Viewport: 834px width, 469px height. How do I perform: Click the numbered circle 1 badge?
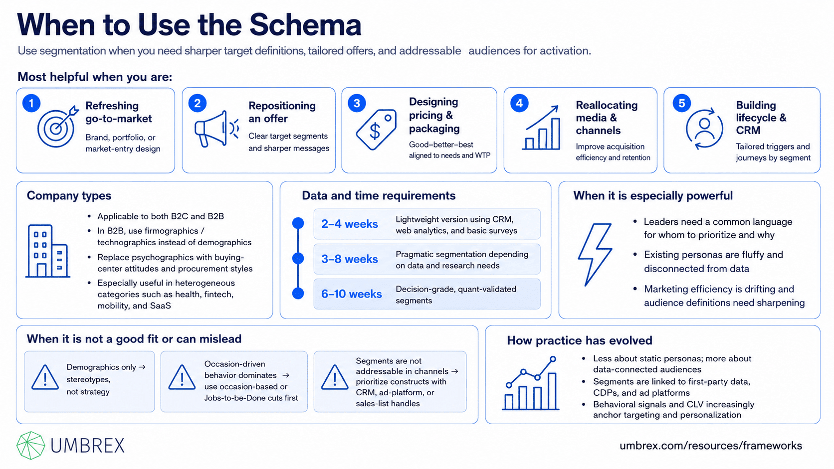point(31,103)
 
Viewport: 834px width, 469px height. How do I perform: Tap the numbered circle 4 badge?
point(519,103)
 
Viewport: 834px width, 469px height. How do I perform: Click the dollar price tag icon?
point(377,129)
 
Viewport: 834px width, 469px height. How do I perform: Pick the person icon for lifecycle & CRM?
point(704,129)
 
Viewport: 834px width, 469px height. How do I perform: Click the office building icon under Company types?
point(48,251)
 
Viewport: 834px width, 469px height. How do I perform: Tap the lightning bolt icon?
point(595,254)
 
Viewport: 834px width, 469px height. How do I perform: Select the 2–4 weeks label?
point(350,224)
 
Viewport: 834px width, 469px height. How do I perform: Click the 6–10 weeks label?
point(352,294)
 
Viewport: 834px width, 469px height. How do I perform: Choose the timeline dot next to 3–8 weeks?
point(298,258)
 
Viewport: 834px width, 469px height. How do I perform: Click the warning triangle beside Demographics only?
point(45,377)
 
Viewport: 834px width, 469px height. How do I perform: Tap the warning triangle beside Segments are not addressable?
point(334,377)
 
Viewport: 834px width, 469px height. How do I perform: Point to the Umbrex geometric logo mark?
point(30,445)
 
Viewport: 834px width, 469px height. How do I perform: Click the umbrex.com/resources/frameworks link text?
point(711,446)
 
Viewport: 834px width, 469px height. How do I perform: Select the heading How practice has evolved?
point(580,340)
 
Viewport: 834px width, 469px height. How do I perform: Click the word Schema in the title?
point(305,25)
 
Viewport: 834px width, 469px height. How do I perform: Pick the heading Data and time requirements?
point(379,196)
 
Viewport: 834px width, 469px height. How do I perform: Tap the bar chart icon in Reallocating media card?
point(541,128)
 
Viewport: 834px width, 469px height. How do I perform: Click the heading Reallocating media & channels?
point(607,118)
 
